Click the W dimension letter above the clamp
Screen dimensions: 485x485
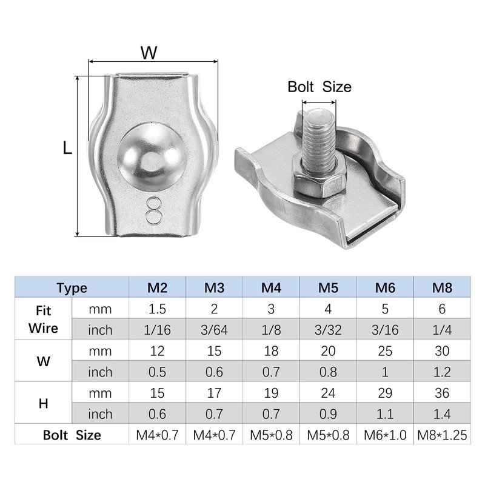click(149, 53)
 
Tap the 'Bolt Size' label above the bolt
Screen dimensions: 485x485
click(319, 87)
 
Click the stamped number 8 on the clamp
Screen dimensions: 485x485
click(154, 210)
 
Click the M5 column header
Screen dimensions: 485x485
click(328, 287)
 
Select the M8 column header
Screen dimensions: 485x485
click(442, 287)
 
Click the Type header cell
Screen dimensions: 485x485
click(72, 287)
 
